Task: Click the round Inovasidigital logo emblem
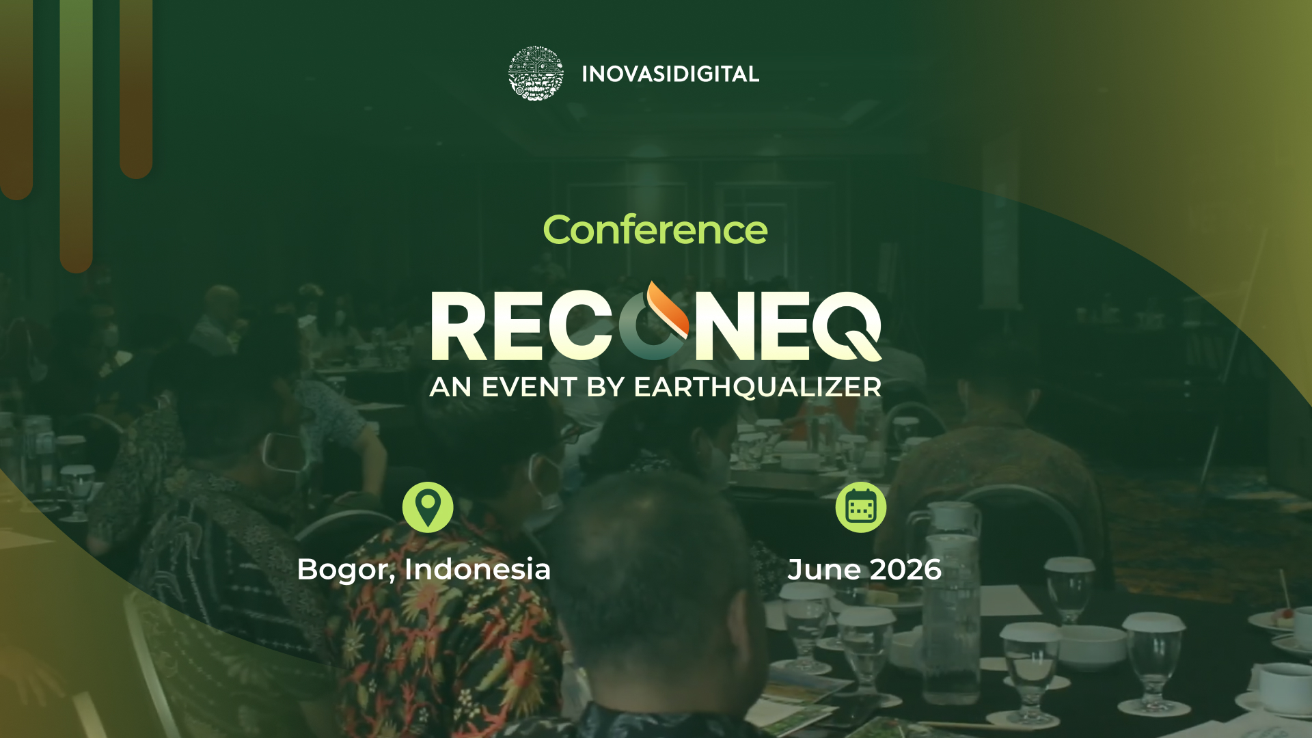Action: pyautogui.click(x=536, y=74)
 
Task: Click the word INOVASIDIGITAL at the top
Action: pyautogui.click(x=670, y=74)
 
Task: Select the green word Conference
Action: pyautogui.click(x=655, y=230)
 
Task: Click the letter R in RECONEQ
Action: pyautogui.click(x=459, y=326)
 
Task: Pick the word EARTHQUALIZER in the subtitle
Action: pyautogui.click(x=757, y=387)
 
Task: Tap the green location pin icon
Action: pyautogui.click(x=428, y=507)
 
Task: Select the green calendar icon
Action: pyautogui.click(x=861, y=507)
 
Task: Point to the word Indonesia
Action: pyautogui.click(x=478, y=569)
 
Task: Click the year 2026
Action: pyautogui.click(x=906, y=570)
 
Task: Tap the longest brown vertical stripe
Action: pyautogui.click(x=76, y=137)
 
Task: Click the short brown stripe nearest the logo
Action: pyautogui.click(x=136, y=89)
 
